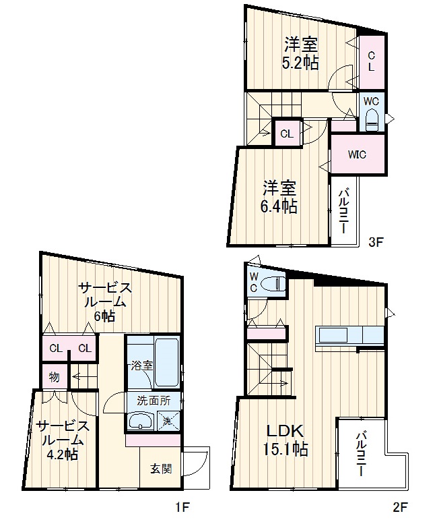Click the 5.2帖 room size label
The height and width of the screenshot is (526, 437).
click(300, 63)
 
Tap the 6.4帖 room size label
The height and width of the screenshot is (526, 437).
click(279, 206)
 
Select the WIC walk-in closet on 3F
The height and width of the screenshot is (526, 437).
click(358, 154)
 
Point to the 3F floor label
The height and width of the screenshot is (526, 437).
click(375, 242)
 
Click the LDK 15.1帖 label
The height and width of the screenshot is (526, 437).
click(285, 440)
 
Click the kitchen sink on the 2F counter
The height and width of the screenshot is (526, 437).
click(333, 334)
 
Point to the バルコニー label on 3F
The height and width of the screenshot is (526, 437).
click(344, 212)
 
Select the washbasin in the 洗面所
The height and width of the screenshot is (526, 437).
click(141, 421)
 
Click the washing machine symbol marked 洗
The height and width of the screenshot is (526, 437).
click(169, 420)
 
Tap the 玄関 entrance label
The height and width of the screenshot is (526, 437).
click(161, 469)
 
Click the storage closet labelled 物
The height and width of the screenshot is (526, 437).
click(55, 377)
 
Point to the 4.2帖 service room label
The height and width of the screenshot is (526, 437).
click(63, 455)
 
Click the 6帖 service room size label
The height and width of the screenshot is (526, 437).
click(104, 316)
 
